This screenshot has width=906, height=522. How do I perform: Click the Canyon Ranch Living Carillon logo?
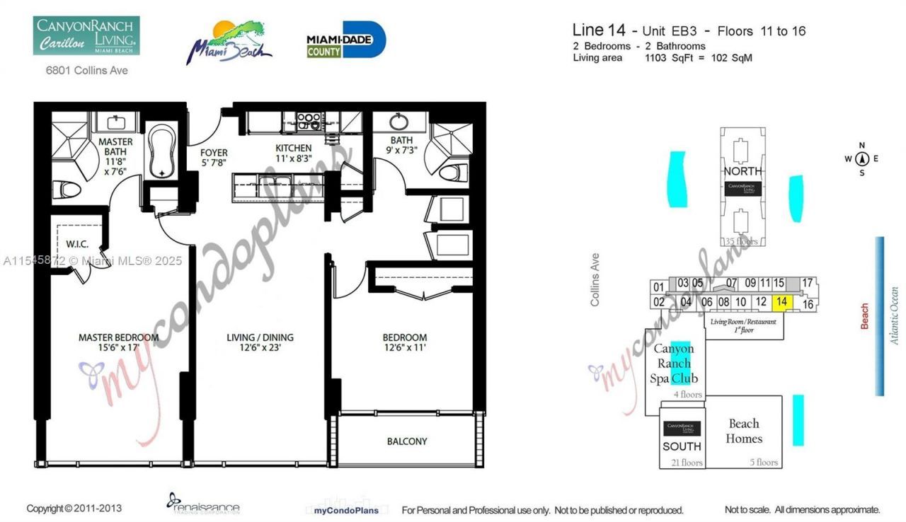tap(86, 35)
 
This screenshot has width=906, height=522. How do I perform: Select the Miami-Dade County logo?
tap(346, 40)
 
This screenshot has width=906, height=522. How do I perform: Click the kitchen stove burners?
tap(309, 121)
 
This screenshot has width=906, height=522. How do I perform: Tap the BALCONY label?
tap(407, 441)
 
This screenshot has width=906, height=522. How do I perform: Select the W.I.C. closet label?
tap(77, 244)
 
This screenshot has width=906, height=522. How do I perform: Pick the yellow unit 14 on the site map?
tap(782, 302)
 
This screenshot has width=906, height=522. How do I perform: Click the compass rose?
tap(861, 158)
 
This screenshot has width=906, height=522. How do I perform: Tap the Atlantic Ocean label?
tap(894, 315)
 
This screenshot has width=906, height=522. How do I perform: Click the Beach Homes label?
tap(744, 431)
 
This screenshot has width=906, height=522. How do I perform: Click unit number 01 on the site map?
tap(659, 287)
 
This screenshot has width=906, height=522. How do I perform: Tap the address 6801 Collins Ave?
tap(86, 71)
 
